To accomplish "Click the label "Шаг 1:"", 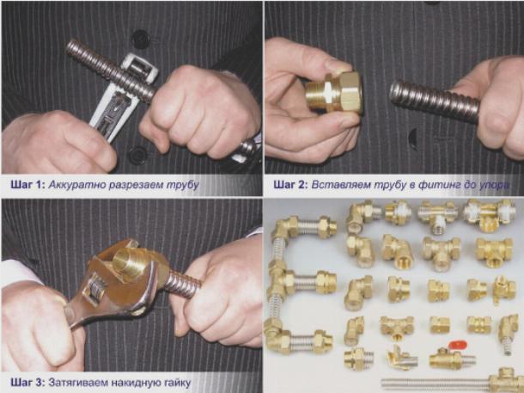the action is [x=27, y=185].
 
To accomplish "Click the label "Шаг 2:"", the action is [x=290, y=185].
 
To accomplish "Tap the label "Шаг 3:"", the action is [x=27, y=382].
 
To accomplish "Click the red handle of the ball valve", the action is [x=458, y=345].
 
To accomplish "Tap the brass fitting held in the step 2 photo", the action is [x=334, y=92].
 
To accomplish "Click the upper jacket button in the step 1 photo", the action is [x=141, y=40].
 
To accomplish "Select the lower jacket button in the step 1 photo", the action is [x=138, y=155].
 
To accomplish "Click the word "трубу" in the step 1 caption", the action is [x=183, y=186].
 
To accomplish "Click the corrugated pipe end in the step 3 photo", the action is [x=182, y=284].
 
